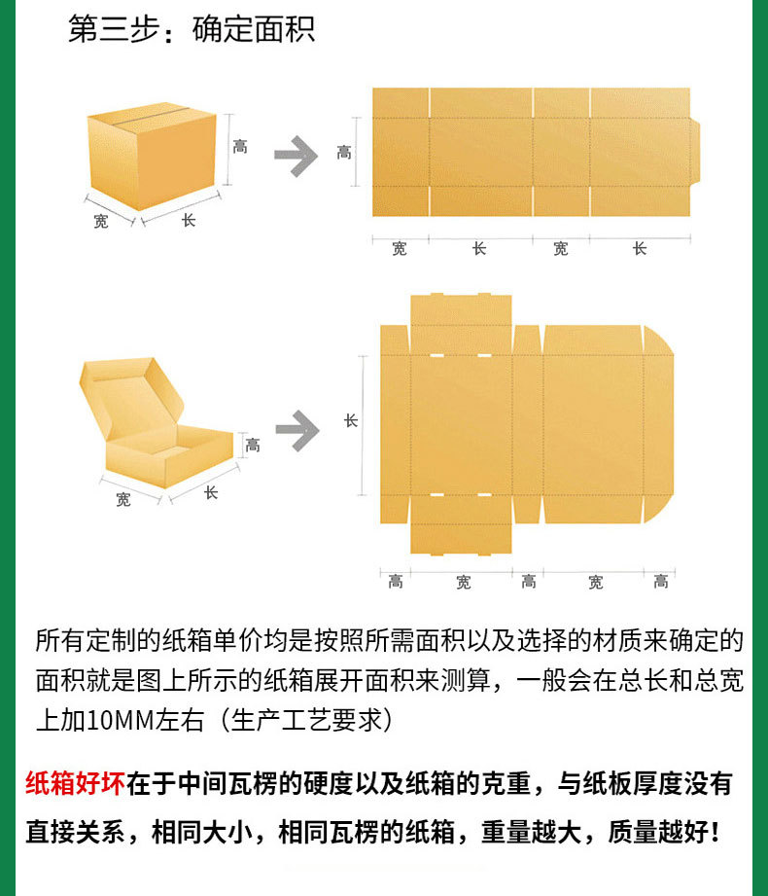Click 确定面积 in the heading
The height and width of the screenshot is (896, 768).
pyautogui.click(x=254, y=29)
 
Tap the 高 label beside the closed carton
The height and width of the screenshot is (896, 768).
pyautogui.click(x=240, y=147)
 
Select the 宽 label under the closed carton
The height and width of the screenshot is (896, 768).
pyautogui.click(x=101, y=221)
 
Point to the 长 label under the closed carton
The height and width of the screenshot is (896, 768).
pyautogui.click(x=189, y=221)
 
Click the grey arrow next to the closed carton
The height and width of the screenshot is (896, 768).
pyautogui.click(x=296, y=157)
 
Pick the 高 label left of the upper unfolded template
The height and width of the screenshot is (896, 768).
pyautogui.click(x=344, y=152)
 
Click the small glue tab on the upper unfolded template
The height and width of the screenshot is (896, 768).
pyautogui.click(x=695, y=152)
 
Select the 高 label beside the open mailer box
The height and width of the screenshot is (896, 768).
pyautogui.click(x=253, y=446)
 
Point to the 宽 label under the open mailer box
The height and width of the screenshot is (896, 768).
pyautogui.click(x=123, y=500)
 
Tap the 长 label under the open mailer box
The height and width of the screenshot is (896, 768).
pyautogui.click(x=210, y=493)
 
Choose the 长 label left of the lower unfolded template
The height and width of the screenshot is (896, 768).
pyautogui.click(x=351, y=420)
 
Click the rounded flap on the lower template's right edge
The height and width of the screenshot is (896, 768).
pyautogui.click(x=657, y=424)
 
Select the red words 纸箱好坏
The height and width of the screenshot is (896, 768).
pyautogui.click(x=74, y=784)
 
